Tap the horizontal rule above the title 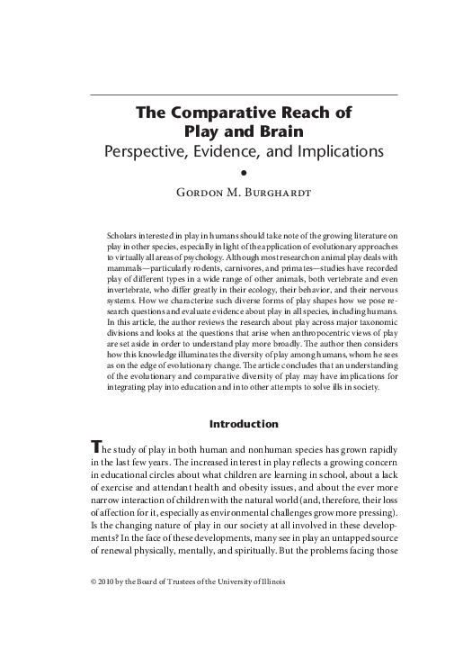(243, 94)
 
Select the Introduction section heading (243, 423)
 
